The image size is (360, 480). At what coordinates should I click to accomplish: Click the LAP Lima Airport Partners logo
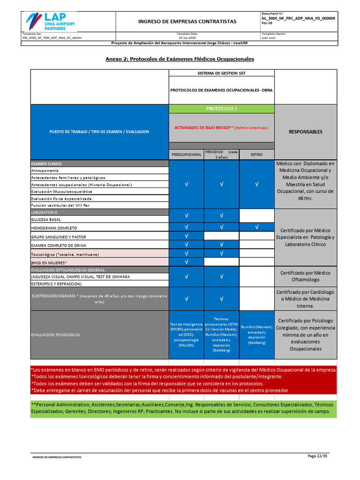coord(51,22)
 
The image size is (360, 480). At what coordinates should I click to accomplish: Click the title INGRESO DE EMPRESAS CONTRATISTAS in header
coord(187,22)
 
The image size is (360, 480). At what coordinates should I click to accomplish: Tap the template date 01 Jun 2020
coord(187,37)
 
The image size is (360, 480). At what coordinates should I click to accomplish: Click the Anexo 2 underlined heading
coord(180,59)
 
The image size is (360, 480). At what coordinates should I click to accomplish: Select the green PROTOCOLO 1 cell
coord(222,109)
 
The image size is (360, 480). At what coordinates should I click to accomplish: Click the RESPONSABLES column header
coord(305,132)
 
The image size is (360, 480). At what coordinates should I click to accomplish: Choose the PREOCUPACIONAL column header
coord(186,154)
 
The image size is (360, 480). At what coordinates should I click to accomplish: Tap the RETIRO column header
coord(256,154)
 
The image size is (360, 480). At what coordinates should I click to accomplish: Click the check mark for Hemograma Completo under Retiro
coord(256,227)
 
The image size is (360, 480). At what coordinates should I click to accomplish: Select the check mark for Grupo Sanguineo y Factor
coord(187,236)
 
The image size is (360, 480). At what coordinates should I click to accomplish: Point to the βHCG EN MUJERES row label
coord(49,262)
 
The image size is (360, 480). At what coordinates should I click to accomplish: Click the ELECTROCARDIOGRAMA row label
coord(99,299)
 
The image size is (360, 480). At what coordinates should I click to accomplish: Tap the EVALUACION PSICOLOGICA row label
coord(55,335)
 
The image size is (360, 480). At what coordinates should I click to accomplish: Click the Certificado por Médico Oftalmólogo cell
coord(305,276)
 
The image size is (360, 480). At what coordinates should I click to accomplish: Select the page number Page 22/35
coord(317,456)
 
